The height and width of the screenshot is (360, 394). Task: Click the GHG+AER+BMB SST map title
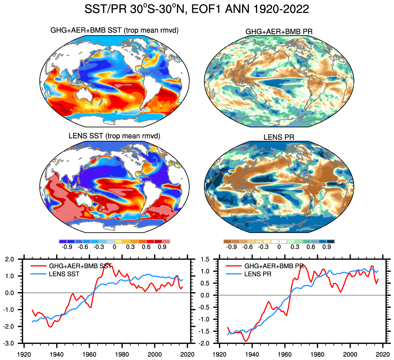[x=114, y=31]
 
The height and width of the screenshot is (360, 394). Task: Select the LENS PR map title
[x=279, y=138]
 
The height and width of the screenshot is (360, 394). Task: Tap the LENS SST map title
[x=114, y=136]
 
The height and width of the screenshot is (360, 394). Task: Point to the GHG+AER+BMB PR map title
[x=279, y=32]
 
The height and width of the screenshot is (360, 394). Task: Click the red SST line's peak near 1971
[x=107, y=263]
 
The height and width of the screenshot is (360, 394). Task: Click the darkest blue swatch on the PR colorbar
[x=331, y=241]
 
